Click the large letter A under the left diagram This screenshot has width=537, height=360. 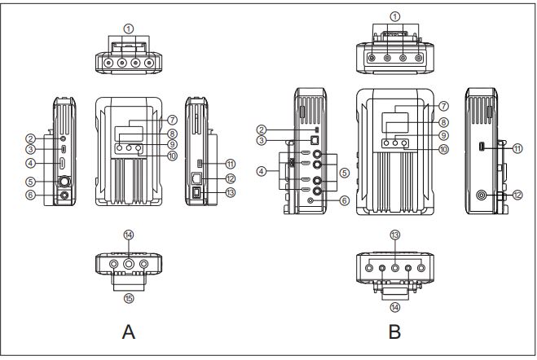click(129, 331)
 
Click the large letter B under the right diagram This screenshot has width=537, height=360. click(394, 331)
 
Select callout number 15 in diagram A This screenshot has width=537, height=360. click(129, 298)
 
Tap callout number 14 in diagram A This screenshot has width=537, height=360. click(129, 235)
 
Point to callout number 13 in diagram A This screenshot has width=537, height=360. click(231, 192)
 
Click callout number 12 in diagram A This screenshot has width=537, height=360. click(231, 178)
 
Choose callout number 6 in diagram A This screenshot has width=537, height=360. click(31, 195)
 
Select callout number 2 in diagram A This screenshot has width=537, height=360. click(31, 138)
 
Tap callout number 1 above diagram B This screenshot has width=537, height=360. click(395, 16)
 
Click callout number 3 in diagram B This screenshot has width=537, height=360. click(262, 140)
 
